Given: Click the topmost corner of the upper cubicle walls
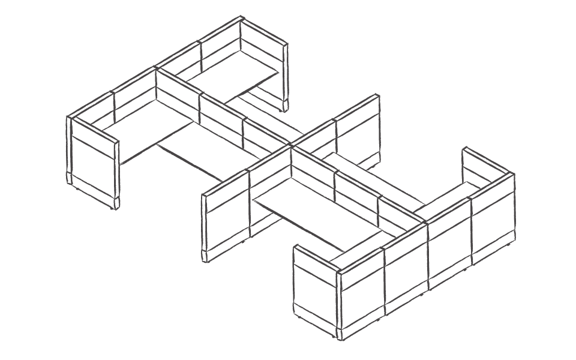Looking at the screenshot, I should coord(241,18).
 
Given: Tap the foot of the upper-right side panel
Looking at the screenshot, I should coord(284,109).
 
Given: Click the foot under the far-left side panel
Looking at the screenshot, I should coord(114,206).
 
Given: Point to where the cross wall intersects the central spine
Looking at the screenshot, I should coord(291,146).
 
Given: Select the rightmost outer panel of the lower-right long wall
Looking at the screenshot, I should coord(492,219).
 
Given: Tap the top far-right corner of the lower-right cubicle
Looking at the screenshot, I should coord(514,174).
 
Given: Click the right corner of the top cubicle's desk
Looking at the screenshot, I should coord(278,72).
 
